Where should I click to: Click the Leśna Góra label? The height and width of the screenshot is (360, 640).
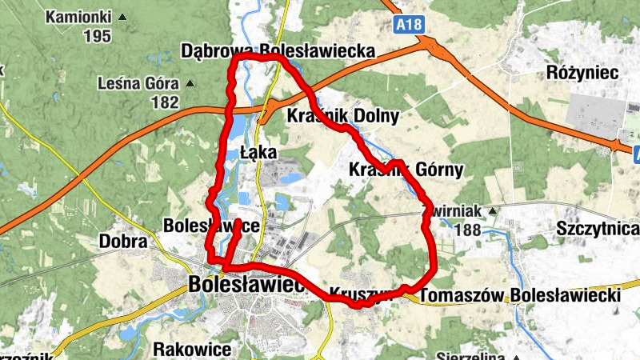[x=139, y=82]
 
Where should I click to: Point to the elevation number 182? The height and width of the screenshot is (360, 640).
[x=165, y=102]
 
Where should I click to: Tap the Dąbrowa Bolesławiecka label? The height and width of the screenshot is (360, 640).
[x=278, y=51]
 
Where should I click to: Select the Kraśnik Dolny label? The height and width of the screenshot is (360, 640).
[x=342, y=116]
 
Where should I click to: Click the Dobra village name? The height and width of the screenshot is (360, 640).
[x=123, y=241]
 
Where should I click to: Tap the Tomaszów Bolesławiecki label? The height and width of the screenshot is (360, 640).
[x=520, y=295]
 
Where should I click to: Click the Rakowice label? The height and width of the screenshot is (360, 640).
[x=192, y=350]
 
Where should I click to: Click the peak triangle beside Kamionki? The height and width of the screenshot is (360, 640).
[x=122, y=17]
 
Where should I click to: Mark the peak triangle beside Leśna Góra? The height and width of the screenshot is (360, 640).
[x=190, y=83]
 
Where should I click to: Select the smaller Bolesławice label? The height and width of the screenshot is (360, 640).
[x=211, y=226]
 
